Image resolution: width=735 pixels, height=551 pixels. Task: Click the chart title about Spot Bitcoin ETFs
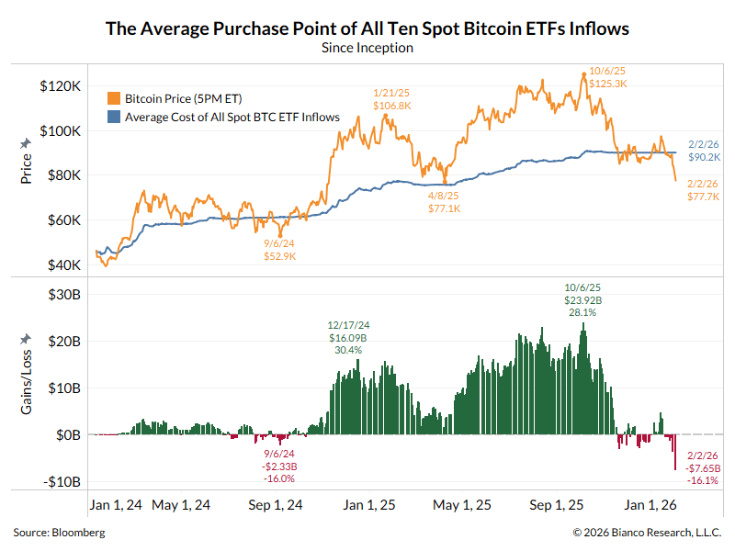click(367, 28)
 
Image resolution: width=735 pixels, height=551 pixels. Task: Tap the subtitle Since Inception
click(367, 48)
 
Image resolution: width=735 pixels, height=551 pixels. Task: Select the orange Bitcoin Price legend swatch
click(114, 98)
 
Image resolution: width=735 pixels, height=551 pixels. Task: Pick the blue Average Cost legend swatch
click(114, 117)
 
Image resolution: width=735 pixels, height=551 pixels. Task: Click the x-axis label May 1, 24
click(180, 505)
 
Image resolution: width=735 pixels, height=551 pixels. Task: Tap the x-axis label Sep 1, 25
click(557, 505)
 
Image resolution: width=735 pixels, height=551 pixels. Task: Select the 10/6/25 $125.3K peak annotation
click(608, 76)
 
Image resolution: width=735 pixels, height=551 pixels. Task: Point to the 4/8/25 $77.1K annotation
click(446, 202)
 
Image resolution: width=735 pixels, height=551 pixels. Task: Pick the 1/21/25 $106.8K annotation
click(391, 99)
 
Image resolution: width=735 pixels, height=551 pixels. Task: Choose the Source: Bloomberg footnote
click(59, 533)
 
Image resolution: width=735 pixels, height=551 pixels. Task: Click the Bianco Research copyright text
click(648, 533)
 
